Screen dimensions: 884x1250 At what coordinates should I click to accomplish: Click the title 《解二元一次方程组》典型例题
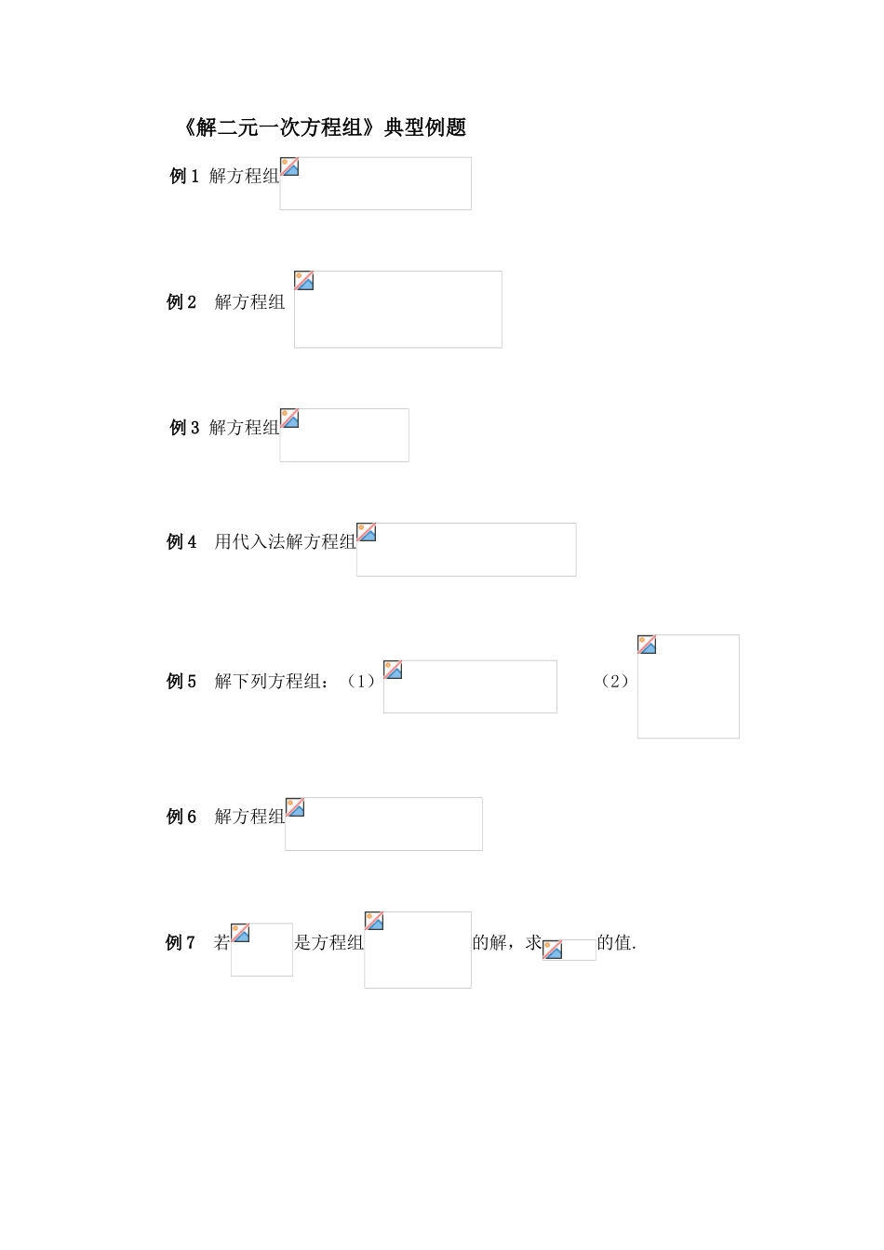(x=322, y=127)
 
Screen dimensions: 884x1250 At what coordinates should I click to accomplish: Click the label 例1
(x=184, y=176)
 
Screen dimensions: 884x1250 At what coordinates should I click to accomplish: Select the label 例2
(x=181, y=301)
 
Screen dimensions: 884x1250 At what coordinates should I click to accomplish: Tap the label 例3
(x=184, y=428)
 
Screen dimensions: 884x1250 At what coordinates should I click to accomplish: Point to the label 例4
(x=181, y=541)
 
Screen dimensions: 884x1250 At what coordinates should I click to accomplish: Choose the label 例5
(x=181, y=681)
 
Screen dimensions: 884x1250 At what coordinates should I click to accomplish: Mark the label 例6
(x=181, y=817)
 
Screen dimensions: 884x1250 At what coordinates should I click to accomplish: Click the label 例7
(x=181, y=942)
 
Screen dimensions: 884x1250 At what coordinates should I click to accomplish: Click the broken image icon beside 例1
(x=290, y=166)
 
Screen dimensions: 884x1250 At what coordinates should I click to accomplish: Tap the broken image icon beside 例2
(x=304, y=281)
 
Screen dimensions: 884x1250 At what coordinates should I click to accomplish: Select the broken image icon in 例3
(x=290, y=419)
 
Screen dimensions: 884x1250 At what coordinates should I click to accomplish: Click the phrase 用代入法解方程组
(x=285, y=541)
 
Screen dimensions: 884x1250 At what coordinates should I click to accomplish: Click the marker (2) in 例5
(x=614, y=681)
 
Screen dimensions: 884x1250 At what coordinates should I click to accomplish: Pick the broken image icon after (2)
(x=647, y=645)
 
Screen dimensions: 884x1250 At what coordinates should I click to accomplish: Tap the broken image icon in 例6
(x=295, y=807)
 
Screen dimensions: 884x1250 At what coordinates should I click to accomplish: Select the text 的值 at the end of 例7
(x=614, y=942)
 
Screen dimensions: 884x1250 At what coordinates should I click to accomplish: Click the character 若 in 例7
(x=221, y=942)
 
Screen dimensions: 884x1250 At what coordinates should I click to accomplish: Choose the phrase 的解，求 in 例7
(x=507, y=942)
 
